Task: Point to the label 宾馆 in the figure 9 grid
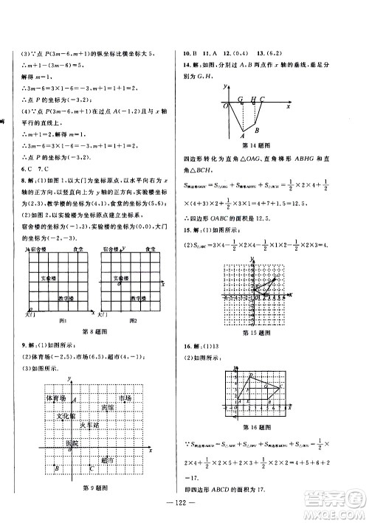108,407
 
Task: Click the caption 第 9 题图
95,488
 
